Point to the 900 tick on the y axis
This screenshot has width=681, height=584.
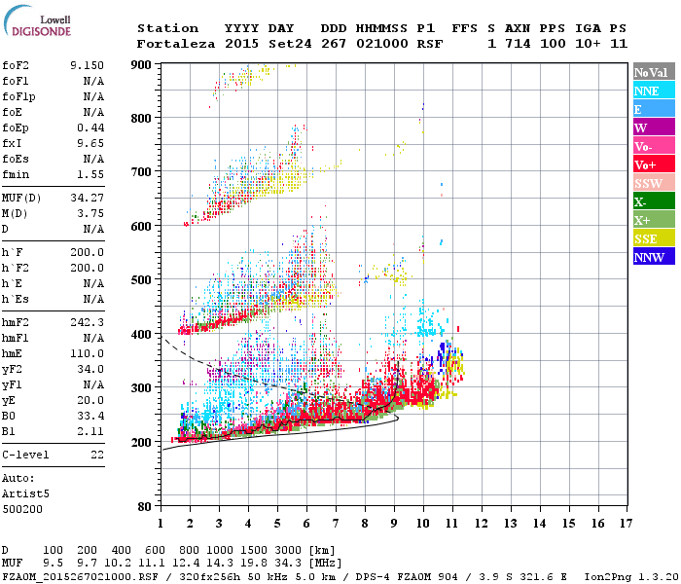click(143, 64)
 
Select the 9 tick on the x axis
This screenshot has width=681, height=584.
click(394, 524)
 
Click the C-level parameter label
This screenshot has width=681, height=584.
click(26, 455)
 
